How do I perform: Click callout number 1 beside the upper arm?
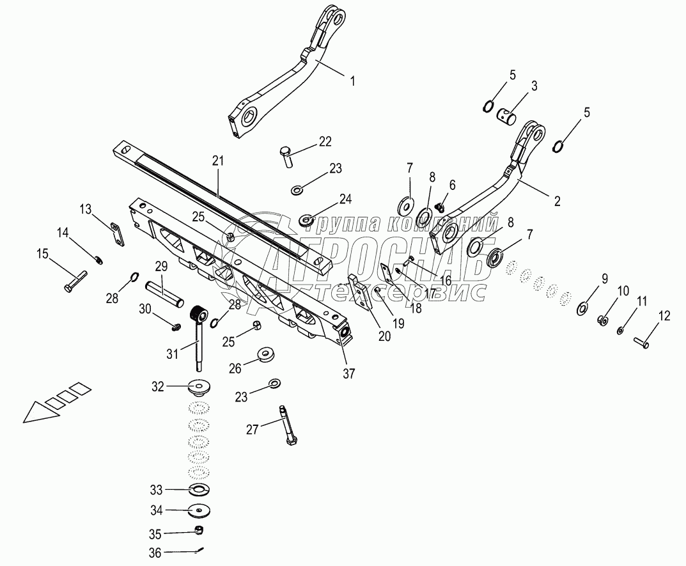click(x=353, y=81)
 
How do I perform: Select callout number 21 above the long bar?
click(x=218, y=161)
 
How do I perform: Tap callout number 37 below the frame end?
click(x=348, y=373)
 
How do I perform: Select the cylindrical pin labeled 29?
click(x=164, y=296)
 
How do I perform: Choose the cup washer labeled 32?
click(x=199, y=388)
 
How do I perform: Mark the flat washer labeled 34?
click(x=199, y=510)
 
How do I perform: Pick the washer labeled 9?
click(x=583, y=308)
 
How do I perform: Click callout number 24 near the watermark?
click(x=346, y=199)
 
